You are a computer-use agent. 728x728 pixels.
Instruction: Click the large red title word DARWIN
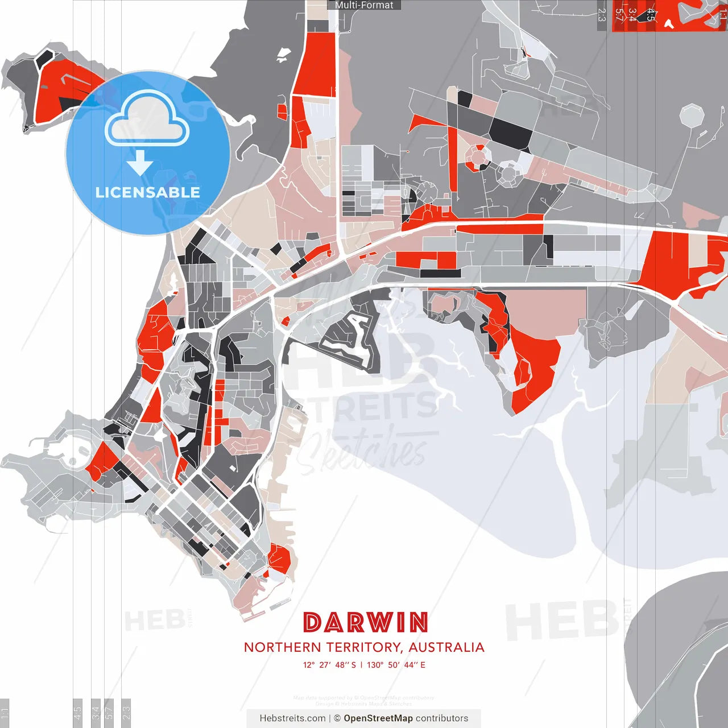(x=366, y=623)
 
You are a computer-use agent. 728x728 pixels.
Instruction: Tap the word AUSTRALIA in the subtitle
(x=446, y=647)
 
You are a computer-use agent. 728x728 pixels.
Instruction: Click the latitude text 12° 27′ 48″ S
(x=329, y=665)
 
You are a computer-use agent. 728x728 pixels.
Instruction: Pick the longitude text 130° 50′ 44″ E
(x=396, y=665)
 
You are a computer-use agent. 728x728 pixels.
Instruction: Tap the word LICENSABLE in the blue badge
(x=148, y=192)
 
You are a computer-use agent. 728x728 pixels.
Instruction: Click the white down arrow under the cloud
(x=140, y=165)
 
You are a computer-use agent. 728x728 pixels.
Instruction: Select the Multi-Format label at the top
(x=364, y=5)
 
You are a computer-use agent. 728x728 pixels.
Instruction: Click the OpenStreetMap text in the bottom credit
(x=378, y=718)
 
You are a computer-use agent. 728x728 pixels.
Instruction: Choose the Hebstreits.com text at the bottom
(x=292, y=718)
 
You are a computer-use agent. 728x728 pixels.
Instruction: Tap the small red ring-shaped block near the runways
(x=478, y=156)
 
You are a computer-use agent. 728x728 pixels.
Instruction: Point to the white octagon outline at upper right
(x=692, y=115)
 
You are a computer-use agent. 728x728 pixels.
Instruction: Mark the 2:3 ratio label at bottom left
(x=126, y=711)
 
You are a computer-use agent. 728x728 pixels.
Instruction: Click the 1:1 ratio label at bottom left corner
(x=5, y=711)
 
